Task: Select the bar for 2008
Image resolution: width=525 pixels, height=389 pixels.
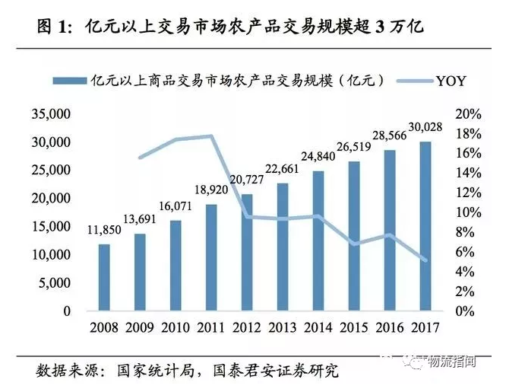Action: tap(104, 278)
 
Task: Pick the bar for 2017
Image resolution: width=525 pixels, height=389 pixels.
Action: tap(425, 226)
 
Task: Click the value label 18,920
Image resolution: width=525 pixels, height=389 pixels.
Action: tap(212, 189)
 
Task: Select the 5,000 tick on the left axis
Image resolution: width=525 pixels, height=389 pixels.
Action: tap(55, 283)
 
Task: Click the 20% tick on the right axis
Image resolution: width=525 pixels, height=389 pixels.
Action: tap(470, 114)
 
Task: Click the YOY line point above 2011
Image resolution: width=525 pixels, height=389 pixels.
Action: tap(211, 136)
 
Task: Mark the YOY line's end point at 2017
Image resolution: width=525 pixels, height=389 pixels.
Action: tap(425, 260)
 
